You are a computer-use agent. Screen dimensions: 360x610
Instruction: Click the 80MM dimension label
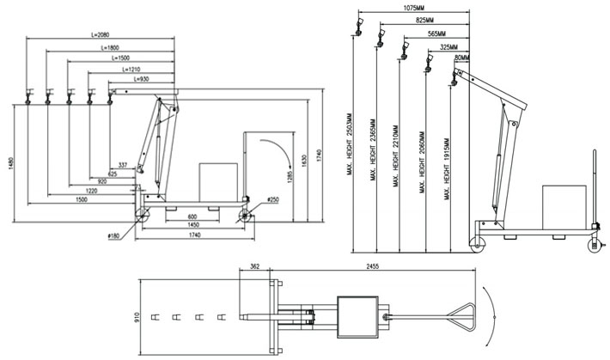462,58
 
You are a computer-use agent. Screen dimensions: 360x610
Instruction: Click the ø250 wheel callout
272,199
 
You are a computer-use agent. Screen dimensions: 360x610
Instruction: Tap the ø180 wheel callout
115,234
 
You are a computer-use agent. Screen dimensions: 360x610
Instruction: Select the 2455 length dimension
371,268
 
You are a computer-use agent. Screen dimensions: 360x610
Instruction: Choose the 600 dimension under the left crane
193,217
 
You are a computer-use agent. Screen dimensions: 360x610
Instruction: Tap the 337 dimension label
123,163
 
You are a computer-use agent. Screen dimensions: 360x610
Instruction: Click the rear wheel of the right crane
593,245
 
